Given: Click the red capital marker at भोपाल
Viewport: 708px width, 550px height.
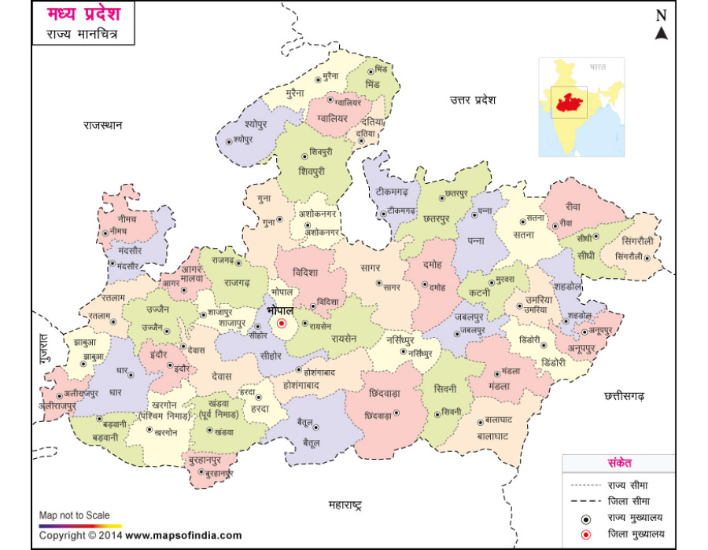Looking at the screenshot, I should click(x=281, y=323).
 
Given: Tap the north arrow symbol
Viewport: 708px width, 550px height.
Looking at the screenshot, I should click(x=662, y=33).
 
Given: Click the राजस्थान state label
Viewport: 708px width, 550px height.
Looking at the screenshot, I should click(x=104, y=125).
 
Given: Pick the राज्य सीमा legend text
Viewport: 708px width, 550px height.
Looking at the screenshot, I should click(x=629, y=485).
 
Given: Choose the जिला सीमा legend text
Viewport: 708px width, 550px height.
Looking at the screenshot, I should click(x=629, y=500).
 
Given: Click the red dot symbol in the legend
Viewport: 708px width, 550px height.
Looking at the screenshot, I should click(x=585, y=535).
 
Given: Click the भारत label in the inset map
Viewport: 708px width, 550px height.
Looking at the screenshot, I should click(x=597, y=68).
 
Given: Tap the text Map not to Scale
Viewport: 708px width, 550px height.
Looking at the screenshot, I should click(x=75, y=515).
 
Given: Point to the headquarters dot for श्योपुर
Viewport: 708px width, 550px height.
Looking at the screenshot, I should click(x=229, y=141).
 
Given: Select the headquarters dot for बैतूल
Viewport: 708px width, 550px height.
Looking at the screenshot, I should click(x=315, y=427).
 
